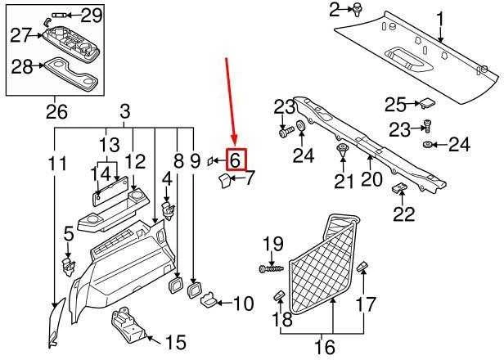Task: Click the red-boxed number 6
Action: [x=236, y=160]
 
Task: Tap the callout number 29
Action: [x=92, y=15]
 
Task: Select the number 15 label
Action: [x=176, y=342]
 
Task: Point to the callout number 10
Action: [x=243, y=304]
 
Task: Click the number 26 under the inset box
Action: [x=56, y=111]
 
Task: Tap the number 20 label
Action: [x=371, y=179]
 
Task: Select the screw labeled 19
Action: [x=272, y=268]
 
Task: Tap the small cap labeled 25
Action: [x=427, y=103]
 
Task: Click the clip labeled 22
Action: [x=399, y=187]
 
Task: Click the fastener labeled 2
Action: [x=357, y=11]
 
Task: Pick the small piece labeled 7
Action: [x=224, y=180]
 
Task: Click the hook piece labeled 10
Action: [x=209, y=299]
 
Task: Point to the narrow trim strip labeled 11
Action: [x=56, y=322]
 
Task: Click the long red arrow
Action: [x=231, y=101]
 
